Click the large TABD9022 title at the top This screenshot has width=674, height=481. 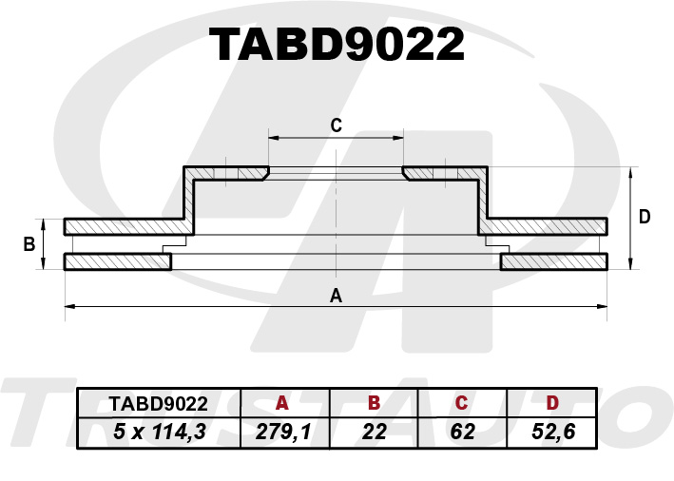[337, 45]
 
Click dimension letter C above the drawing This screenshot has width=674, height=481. [337, 125]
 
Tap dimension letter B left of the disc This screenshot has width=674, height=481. [29, 244]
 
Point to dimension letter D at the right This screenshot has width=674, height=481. [645, 217]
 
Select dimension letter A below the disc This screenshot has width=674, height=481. [336, 296]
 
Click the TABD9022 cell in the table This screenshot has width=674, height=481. [159, 404]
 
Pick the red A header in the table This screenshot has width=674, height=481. [282, 403]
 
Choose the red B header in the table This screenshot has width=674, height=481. [375, 403]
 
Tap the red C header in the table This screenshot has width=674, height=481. [461, 403]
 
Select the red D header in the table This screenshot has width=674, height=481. [552, 403]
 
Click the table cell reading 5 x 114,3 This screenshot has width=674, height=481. [160, 432]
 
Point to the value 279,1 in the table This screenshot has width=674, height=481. [283, 432]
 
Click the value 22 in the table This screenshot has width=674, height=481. [375, 432]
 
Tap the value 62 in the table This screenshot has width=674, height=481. [463, 432]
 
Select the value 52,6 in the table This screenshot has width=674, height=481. [553, 432]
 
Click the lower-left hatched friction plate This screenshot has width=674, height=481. [118, 261]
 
